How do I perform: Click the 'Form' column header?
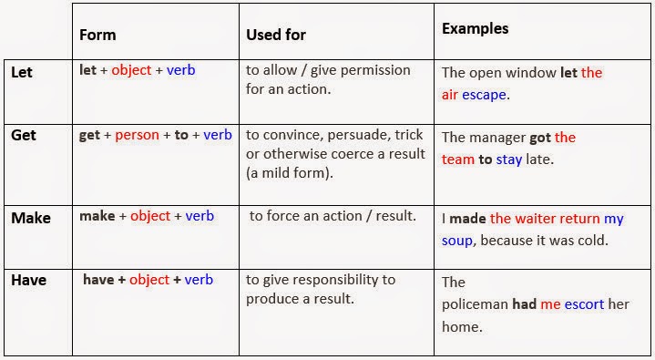(x=97, y=36)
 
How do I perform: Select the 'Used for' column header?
(x=276, y=36)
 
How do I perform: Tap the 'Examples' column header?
(x=475, y=28)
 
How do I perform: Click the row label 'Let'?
(x=21, y=70)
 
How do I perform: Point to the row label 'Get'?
(x=23, y=135)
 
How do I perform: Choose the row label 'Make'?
(x=30, y=218)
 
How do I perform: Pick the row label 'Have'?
(x=28, y=281)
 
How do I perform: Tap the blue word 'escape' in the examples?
(x=486, y=94)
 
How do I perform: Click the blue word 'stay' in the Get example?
(x=508, y=159)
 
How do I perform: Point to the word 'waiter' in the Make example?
(x=539, y=219)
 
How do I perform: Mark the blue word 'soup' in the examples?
(x=457, y=241)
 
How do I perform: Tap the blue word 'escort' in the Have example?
(x=584, y=304)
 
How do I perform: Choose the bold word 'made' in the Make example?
(x=467, y=219)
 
